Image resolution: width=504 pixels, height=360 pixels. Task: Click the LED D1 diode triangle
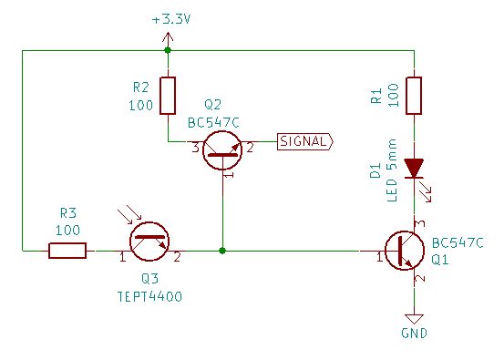414,169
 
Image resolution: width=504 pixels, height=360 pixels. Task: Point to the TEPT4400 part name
149,297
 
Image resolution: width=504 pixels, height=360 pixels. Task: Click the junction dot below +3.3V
168,50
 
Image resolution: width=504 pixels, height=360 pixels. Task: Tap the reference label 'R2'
139,88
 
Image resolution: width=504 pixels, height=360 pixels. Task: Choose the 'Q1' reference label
440,259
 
